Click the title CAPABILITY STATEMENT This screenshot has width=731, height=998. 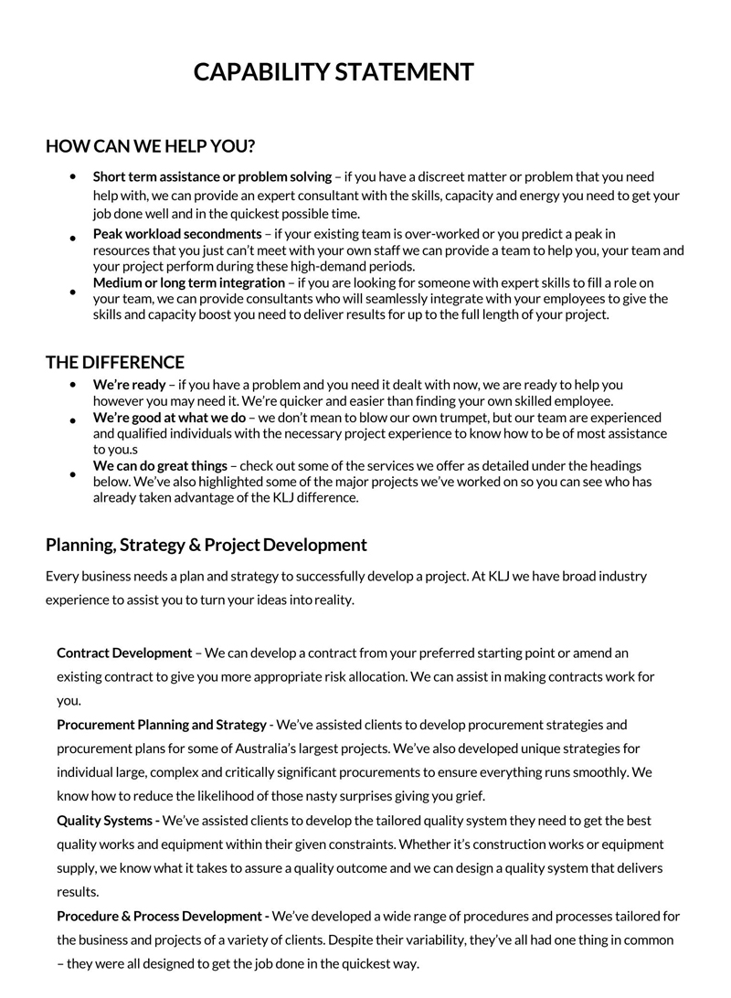(334, 72)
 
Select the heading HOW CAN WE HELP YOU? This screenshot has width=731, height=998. (150, 146)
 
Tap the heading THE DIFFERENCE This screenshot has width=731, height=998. (115, 363)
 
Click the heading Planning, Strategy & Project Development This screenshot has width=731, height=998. (207, 546)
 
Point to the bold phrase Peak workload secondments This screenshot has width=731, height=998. (176, 234)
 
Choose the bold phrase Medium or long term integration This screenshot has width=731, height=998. (189, 282)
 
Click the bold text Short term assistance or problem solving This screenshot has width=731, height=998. (212, 176)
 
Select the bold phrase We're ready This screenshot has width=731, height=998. (130, 385)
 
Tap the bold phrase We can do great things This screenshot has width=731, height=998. (160, 466)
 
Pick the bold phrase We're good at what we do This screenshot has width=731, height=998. (169, 418)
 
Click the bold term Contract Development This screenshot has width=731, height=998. (124, 653)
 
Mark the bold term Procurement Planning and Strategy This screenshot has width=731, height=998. (162, 725)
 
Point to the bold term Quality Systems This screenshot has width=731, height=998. (108, 821)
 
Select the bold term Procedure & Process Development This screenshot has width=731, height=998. (163, 916)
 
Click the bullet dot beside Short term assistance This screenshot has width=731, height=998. (72, 176)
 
